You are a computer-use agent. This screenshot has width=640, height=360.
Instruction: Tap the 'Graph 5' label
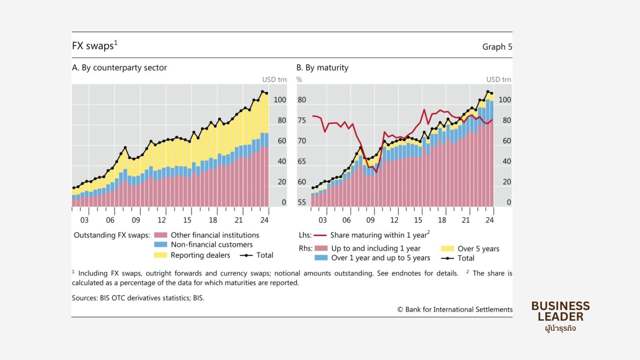[x=497, y=47]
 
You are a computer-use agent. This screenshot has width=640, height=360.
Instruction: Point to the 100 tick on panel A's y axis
[x=280, y=100]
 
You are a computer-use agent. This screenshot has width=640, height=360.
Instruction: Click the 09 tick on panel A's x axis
[x=136, y=220]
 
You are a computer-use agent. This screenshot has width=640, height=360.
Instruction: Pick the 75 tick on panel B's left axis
[x=302, y=120]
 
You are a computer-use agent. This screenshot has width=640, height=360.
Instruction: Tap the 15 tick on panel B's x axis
[x=418, y=220]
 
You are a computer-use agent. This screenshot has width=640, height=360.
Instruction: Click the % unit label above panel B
[x=299, y=80]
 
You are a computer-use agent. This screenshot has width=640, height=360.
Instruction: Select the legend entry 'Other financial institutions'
[x=215, y=235]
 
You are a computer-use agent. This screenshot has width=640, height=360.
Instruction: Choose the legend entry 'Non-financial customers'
[x=212, y=245]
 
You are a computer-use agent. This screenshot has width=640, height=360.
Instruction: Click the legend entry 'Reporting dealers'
[x=200, y=255]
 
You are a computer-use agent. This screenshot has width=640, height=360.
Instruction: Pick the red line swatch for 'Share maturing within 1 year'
[x=320, y=235]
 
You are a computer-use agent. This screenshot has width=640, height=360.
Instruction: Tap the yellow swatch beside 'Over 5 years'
[x=447, y=249]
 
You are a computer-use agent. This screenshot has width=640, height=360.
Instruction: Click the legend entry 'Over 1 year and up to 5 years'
[x=380, y=258]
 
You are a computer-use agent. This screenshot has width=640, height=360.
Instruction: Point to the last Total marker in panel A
[x=267, y=93]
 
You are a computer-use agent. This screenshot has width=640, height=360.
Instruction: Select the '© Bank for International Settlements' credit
[x=455, y=310]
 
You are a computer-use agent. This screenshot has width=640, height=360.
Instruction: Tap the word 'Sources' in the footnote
[x=84, y=298]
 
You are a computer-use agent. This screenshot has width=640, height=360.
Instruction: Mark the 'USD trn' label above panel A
[x=274, y=80]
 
